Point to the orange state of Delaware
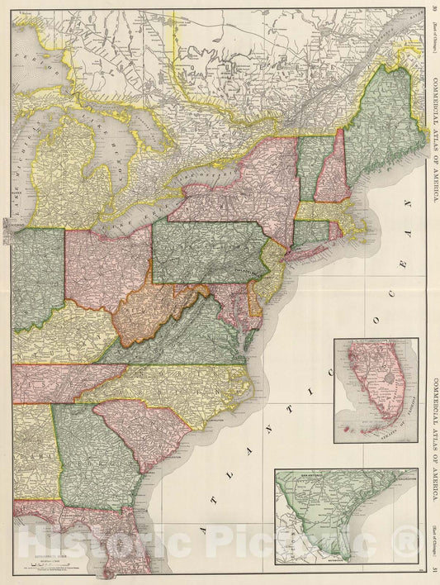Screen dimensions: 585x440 pos(256,307)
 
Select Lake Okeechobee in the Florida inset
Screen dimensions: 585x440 pos(387,385)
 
